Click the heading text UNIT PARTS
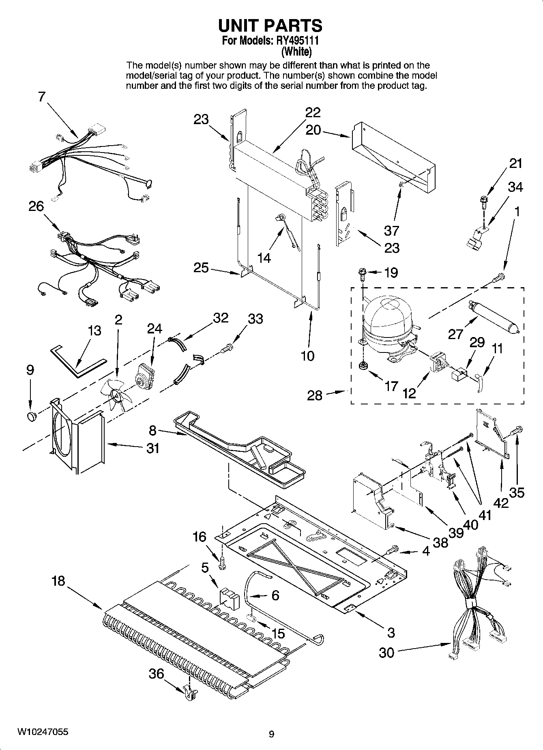(270, 26)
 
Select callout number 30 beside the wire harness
(386, 653)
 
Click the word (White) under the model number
(297, 52)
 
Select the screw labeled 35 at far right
(519, 430)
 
